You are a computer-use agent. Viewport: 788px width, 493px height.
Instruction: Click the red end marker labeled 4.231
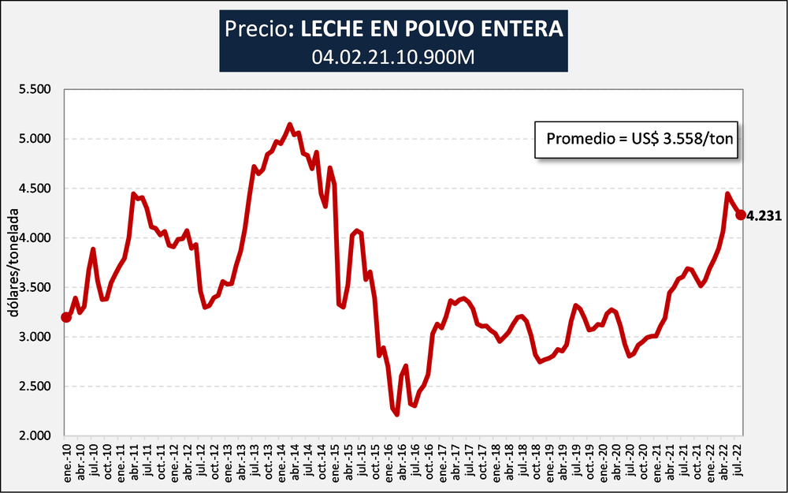click(741, 215)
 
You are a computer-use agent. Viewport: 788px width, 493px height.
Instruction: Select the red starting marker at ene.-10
click(65, 317)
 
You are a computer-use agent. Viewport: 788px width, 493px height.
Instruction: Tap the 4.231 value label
click(764, 215)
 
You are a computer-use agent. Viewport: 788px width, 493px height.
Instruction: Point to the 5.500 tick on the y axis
click(35, 90)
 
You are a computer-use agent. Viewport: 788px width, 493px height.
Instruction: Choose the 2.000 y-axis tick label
click(35, 435)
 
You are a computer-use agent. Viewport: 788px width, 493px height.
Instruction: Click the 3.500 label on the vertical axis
click(35, 288)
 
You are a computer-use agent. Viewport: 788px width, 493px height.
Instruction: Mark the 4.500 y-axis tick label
click(35, 189)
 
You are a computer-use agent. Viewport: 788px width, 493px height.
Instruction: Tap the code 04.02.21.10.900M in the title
click(393, 56)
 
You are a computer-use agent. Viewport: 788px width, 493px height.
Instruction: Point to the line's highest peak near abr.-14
click(290, 124)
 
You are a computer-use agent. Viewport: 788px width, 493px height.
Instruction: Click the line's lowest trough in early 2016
click(396, 414)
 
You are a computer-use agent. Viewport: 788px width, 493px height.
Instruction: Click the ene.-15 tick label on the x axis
click(336, 462)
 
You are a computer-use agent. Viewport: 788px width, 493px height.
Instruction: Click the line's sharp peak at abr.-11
click(134, 193)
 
